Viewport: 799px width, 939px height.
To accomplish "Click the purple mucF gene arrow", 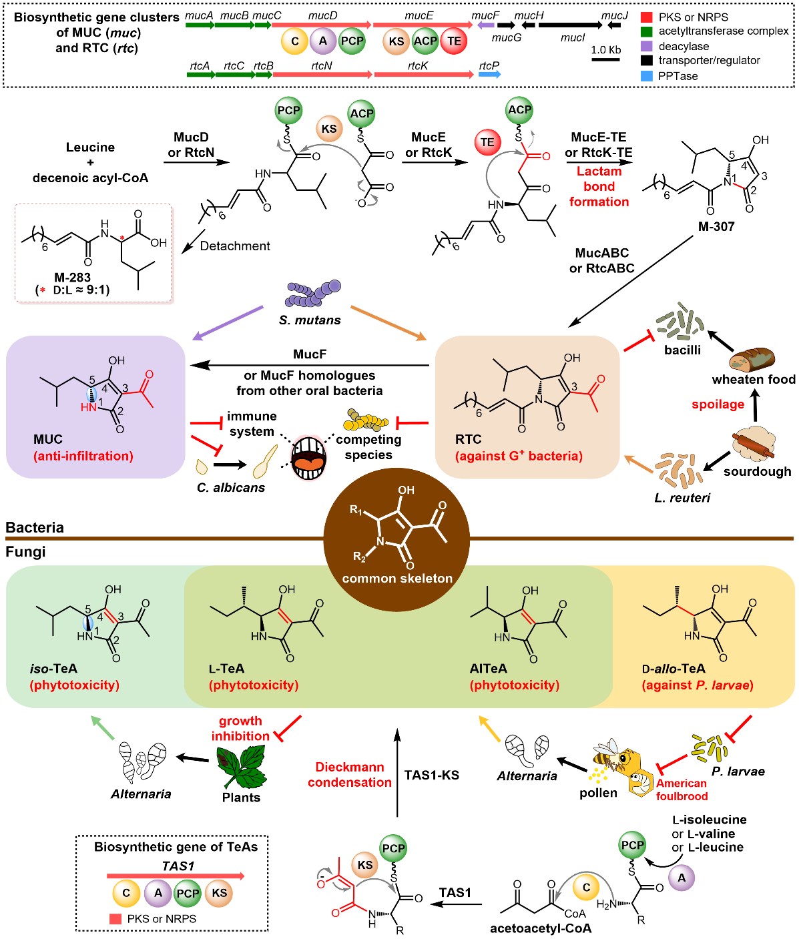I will (x=485, y=25).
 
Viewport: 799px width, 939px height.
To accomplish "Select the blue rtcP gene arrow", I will (x=489, y=74).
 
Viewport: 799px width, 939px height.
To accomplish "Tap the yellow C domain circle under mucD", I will (x=294, y=41).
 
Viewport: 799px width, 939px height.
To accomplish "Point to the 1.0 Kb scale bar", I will (x=605, y=59).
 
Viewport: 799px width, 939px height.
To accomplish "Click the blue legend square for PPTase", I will (x=646, y=76).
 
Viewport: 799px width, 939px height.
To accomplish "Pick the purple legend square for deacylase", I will (x=646, y=46).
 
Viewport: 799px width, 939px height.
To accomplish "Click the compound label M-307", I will (x=716, y=227).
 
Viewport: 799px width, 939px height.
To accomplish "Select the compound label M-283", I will (x=72, y=277).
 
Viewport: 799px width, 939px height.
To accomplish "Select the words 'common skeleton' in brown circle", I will (x=397, y=579).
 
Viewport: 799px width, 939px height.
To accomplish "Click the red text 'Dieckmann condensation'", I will (x=349, y=775).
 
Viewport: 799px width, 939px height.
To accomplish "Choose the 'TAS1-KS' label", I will (x=431, y=775).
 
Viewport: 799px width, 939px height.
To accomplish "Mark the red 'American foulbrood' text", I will (x=681, y=790).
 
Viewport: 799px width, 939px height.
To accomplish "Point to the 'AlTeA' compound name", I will (x=488, y=669).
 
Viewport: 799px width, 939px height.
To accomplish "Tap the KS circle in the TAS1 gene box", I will (x=219, y=893).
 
